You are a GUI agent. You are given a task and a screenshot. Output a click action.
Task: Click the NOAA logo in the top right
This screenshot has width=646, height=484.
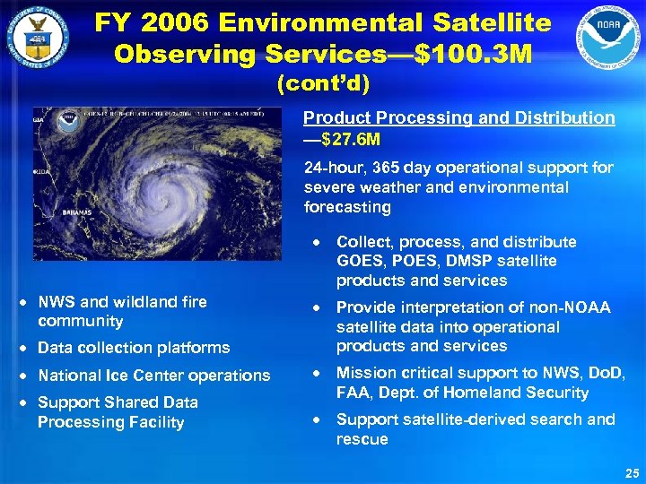(x=608, y=37)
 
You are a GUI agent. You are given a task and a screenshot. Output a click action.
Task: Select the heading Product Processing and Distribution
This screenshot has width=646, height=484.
(x=458, y=117)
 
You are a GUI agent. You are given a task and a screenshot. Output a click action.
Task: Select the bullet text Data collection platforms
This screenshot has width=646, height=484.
(x=134, y=348)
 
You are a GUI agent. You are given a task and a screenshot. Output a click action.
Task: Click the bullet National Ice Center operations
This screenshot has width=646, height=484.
(x=153, y=376)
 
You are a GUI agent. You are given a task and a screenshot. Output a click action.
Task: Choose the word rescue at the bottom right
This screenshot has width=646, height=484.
(x=362, y=439)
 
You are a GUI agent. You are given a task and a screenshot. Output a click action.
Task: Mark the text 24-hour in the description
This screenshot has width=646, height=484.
(x=331, y=168)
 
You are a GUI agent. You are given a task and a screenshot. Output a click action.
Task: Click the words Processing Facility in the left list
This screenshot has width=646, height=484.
(x=110, y=422)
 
